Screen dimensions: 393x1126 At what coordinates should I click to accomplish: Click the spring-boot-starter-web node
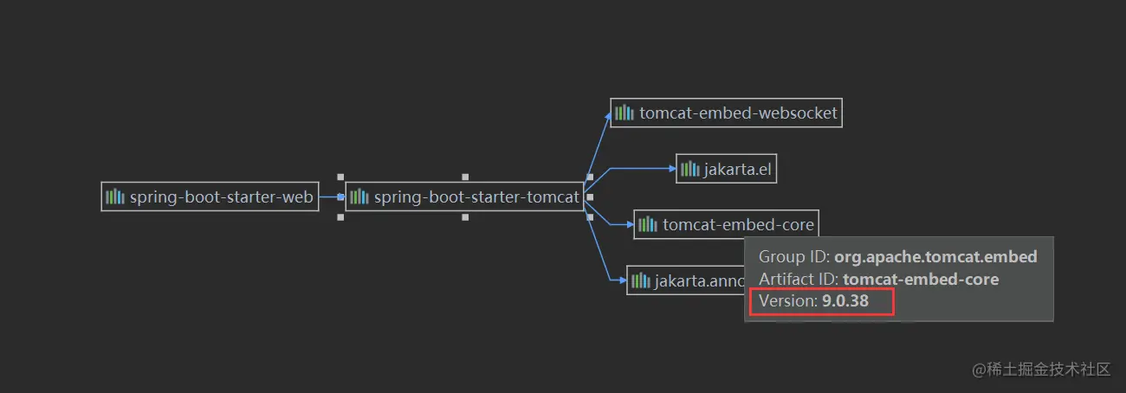(x=210, y=197)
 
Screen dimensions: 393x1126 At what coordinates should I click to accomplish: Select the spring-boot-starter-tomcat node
(x=464, y=197)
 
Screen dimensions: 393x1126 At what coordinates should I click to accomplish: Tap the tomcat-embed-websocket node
(x=726, y=113)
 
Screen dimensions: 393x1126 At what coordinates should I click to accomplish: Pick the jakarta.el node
(x=726, y=170)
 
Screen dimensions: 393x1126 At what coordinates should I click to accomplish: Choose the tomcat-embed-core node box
(x=726, y=225)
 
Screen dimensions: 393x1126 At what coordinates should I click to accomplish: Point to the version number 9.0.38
(x=844, y=301)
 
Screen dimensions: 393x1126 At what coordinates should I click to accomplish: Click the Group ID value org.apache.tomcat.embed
(x=935, y=257)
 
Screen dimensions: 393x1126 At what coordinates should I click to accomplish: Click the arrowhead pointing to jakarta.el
(x=671, y=169)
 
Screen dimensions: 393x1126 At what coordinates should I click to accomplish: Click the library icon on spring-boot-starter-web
(x=115, y=197)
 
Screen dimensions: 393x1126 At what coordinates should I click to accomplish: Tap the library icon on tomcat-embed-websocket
(x=624, y=113)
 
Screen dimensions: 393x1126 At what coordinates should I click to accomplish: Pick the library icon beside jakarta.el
(x=689, y=170)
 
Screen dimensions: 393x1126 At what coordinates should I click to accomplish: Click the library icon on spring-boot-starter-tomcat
(x=359, y=197)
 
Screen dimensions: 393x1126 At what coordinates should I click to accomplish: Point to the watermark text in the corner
(x=1041, y=370)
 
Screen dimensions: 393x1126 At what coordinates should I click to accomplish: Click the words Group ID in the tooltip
(x=793, y=257)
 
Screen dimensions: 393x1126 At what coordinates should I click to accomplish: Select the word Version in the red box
(x=786, y=301)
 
